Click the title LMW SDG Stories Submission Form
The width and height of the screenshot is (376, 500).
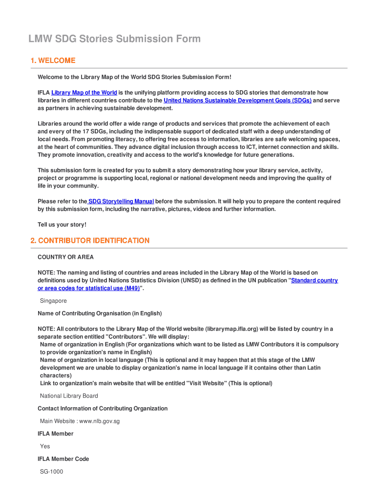(x=114, y=39)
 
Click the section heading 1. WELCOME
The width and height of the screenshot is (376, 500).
(x=53, y=61)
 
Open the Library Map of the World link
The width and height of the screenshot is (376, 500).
(x=84, y=93)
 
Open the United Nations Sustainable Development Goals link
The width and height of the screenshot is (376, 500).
(x=237, y=101)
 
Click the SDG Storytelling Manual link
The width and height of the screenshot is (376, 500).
(x=121, y=202)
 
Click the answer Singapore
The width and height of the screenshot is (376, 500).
(x=53, y=301)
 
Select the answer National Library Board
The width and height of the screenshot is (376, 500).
(x=69, y=396)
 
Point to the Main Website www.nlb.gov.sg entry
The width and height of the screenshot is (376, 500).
(x=80, y=421)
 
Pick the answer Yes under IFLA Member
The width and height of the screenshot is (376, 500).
(x=45, y=446)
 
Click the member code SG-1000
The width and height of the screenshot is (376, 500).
(x=51, y=472)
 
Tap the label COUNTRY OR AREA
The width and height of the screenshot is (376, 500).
(x=65, y=257)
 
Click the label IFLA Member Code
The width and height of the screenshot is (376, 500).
(x=63, y=459)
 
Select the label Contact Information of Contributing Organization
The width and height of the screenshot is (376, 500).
(x=103, y=409)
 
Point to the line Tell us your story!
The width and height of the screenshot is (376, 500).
(x=62, y=225)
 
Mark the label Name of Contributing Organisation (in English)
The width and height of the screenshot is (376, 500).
(x=100, y=313)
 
